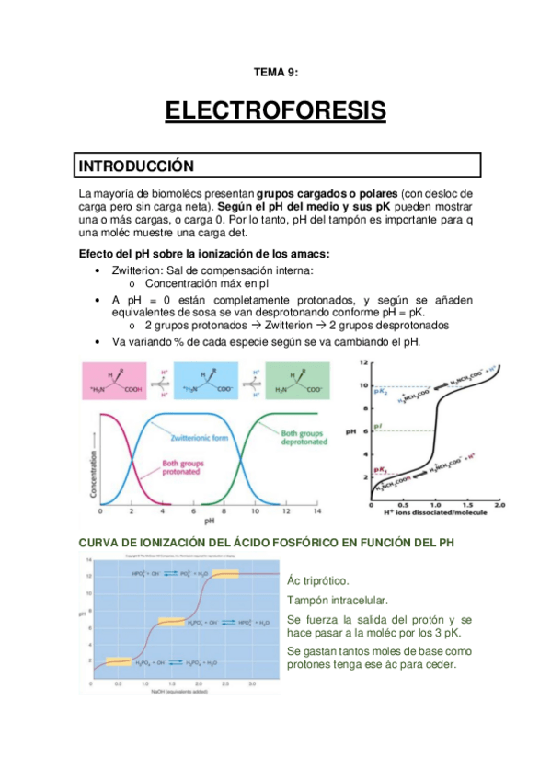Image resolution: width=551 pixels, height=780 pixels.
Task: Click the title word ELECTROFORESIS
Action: point(275,111)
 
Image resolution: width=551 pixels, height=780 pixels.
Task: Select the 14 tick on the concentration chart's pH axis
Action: point(318,510)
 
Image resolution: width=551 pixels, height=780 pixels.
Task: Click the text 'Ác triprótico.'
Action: point(318,580)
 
